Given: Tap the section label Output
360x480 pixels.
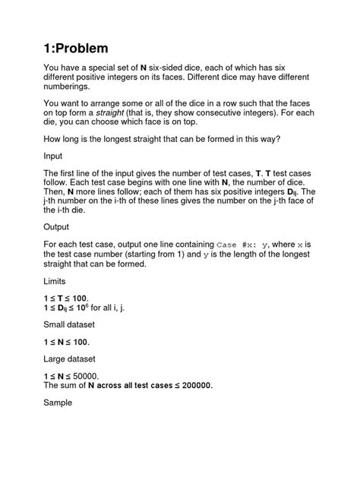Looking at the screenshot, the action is [x=59, y=226].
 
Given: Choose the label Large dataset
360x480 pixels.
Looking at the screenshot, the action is [x=75, y=357].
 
